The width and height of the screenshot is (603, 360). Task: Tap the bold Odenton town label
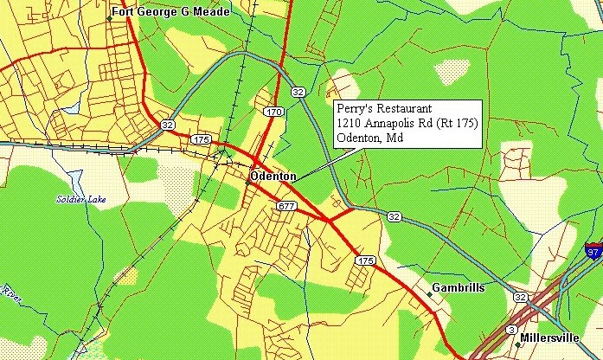pyautogui.click(x=273, y=177)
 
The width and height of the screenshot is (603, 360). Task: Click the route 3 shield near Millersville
pyautogui.click(x=512, y=330)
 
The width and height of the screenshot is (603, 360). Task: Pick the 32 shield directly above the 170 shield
pyautogui.click(x=298, y=91)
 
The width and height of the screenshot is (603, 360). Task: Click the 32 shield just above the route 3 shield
pyautogui.click(x=520, y=297)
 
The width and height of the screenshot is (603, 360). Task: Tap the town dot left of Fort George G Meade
pyautogui.click(x=108, y=16)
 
